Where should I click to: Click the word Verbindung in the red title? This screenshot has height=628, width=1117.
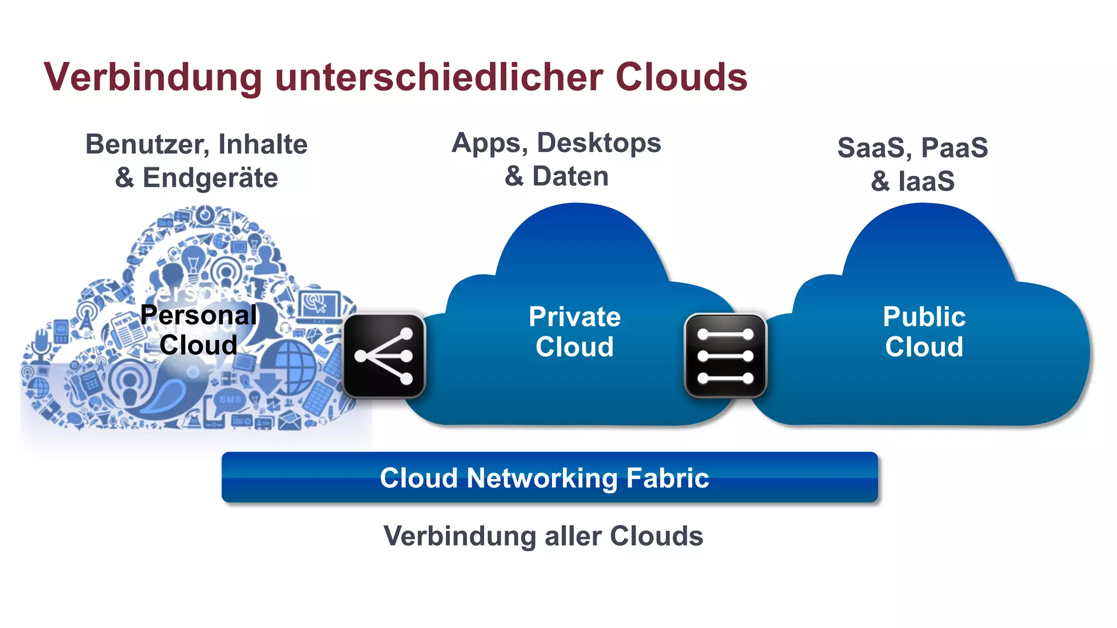coord(153,77)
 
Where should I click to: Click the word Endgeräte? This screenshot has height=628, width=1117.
coord(210,178)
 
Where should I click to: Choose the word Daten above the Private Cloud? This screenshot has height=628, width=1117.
coord(570,177)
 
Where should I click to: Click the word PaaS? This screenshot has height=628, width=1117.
coord(954,148)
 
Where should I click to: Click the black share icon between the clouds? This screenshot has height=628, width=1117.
coord(384,355)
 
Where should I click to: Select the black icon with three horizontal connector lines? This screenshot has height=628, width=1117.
coord(725,355)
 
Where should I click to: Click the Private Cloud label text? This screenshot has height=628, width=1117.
coord(574,331)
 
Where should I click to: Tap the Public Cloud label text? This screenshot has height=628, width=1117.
coord(924,331)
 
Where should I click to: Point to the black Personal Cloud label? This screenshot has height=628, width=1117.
coord(199,330)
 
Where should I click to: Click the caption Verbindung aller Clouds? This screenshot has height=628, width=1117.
coord(543,536)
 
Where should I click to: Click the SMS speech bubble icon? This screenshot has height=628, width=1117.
coord(230,400)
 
